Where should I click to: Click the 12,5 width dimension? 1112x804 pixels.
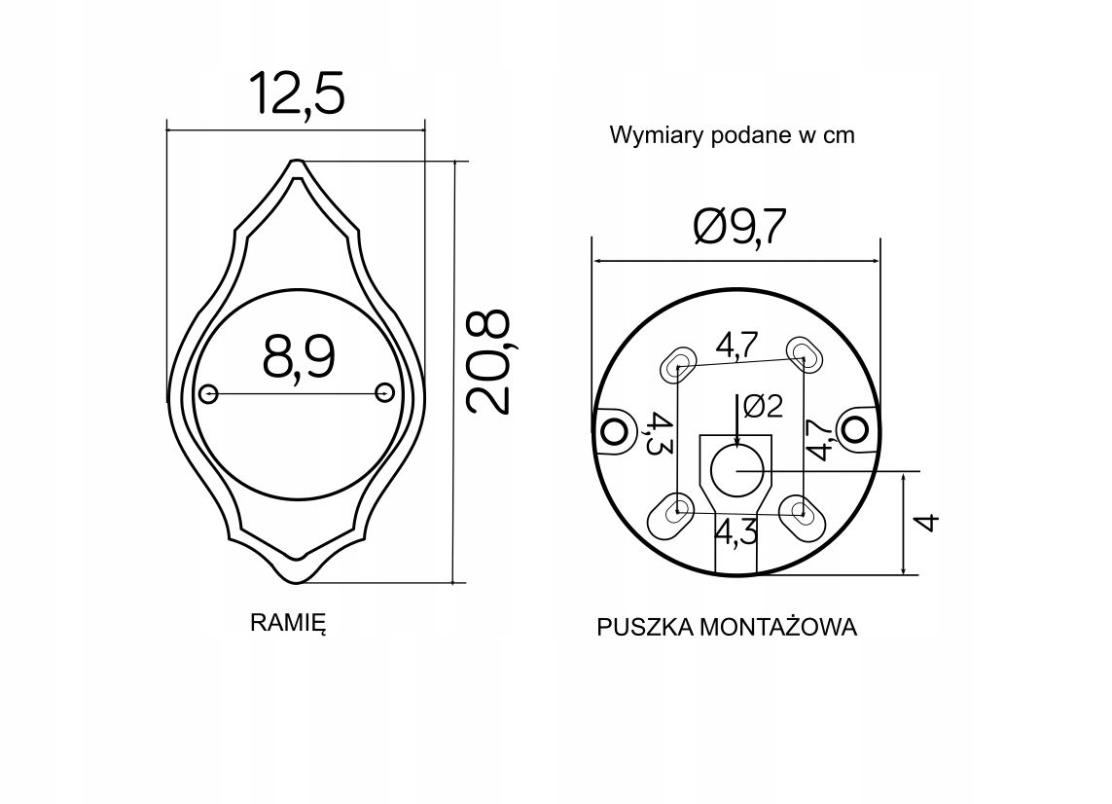[x=297, y=94]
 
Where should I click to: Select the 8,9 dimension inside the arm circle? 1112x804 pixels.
[x=298, y=356]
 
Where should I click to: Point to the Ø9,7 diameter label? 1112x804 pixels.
[x=739, y=228]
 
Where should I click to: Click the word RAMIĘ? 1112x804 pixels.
[x=288, y=624]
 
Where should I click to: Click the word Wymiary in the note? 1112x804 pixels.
[x=647, y=135]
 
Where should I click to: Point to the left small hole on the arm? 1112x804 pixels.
[x=207, y=393]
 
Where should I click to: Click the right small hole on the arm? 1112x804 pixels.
[x=384, y=392]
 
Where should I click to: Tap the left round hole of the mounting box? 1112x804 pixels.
[x=614, y=429]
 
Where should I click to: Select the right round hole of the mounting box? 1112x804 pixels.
[x=856, y=429]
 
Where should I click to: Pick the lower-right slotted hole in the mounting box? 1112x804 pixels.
[x=803, y=513]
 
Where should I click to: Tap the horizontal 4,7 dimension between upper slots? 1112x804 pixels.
[x=737, y=345]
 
